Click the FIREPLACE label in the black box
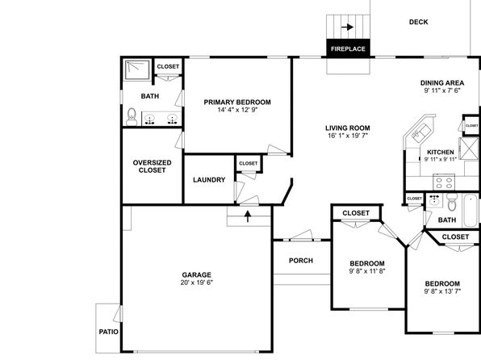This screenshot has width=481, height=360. (x=348, y=48)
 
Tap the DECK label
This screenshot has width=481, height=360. (x=418, y=22)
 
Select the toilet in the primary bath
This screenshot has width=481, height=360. (x=132, y=116)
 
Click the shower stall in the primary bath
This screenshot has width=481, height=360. (x=137, y=70)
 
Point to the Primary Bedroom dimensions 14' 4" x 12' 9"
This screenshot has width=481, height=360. (x=237, y=110)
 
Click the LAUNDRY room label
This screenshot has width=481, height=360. (x=209, y=180)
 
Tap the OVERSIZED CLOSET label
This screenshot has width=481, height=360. (x=153, y=166)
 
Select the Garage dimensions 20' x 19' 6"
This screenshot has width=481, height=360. (x=197, y=283)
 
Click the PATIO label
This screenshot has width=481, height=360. (x=109, y=332)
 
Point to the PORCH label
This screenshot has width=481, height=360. (x=301, y=261)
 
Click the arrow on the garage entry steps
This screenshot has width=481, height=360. (x=248, y=216)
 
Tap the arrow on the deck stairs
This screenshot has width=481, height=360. (x=347, y=27)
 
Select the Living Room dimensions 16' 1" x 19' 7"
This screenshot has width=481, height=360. (x=348, y=136)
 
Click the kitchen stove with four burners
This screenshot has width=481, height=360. (x=444, y=182)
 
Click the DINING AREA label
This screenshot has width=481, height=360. (x=442, y=83)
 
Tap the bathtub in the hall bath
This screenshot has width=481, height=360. (x=471, y=211)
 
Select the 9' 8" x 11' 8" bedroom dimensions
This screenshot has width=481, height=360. (x=367, y=271)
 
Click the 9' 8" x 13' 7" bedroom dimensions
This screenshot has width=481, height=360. (x=442, y=291)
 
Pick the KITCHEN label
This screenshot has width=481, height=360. (x=441, y=152)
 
